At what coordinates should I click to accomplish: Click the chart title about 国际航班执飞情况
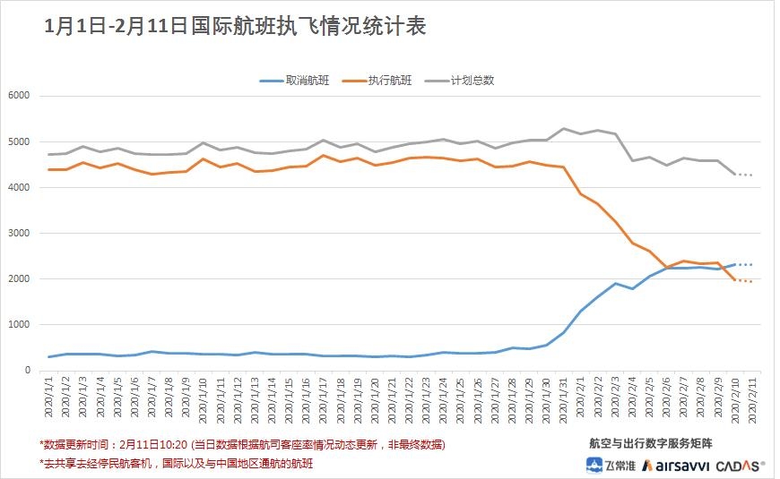pos(235,26)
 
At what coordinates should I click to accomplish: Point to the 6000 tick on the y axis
pos(19,96)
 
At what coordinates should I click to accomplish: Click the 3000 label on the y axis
pos(19,233)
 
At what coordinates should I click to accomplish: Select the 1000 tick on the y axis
pos(19,324)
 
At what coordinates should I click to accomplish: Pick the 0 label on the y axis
pos(26,370)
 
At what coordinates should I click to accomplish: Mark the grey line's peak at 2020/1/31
pos(564,129)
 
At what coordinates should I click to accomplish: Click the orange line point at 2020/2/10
pos(734,279)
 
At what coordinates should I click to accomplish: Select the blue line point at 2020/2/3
pos(615,284)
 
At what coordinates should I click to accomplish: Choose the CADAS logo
pos(743,466)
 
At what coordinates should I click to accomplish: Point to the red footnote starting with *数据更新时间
pos(242,444)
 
